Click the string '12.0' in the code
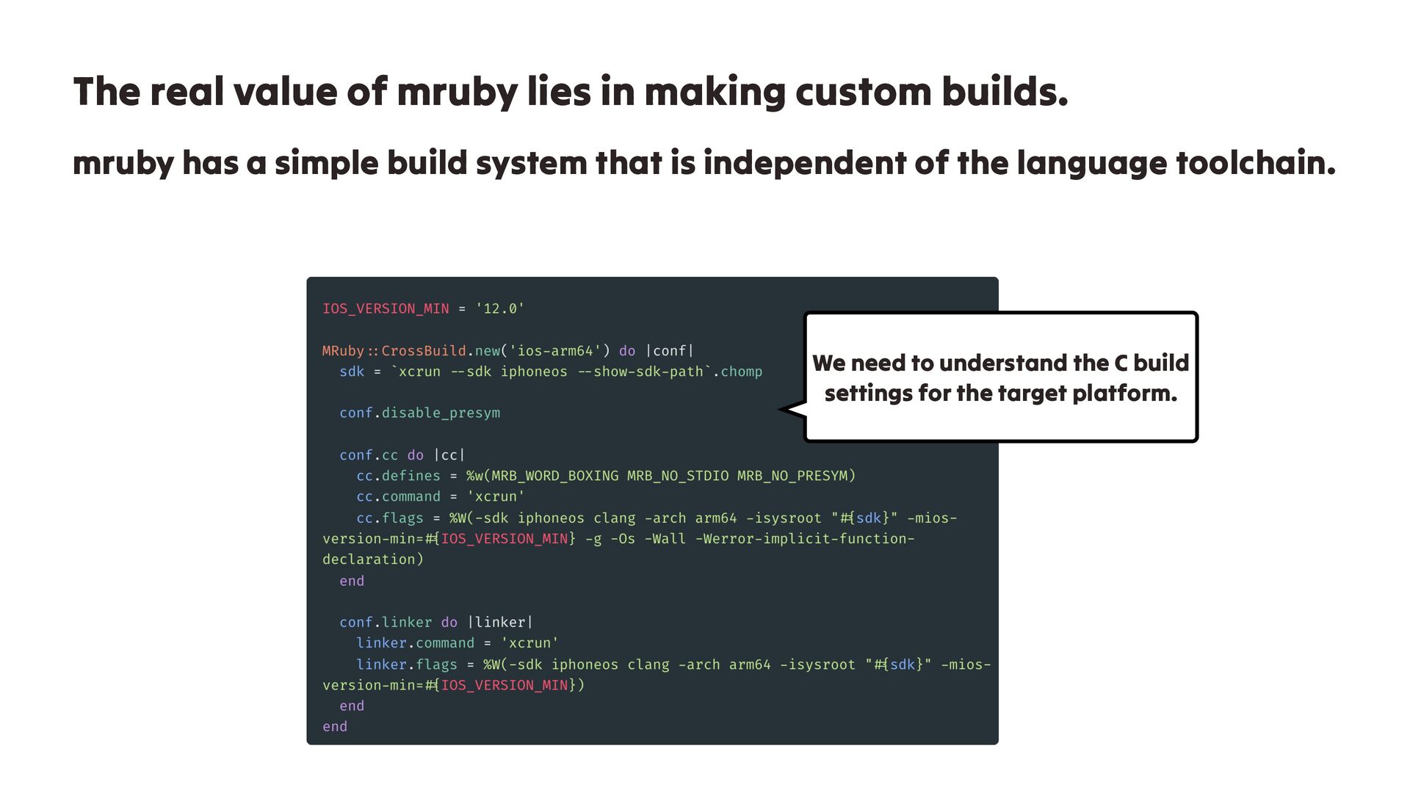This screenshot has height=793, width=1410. click(x=500, y=309)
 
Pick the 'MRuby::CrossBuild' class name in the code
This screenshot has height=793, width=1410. click(x=394, y=351)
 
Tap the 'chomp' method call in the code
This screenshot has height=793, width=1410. click(x=741, y=372)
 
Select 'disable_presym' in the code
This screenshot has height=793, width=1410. click(x=441, y=413)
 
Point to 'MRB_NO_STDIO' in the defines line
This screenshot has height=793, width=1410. click(x=678, y=476)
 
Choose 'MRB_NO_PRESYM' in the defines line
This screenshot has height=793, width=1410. click(x=792, y=476)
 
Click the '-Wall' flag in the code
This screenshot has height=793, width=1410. click(x=665, y=539)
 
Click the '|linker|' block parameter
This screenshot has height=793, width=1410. click(x=500, y=623)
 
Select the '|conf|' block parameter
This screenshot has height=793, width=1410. click(x=669, y=351)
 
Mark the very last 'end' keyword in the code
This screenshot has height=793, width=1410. click(x=335, y=727)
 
